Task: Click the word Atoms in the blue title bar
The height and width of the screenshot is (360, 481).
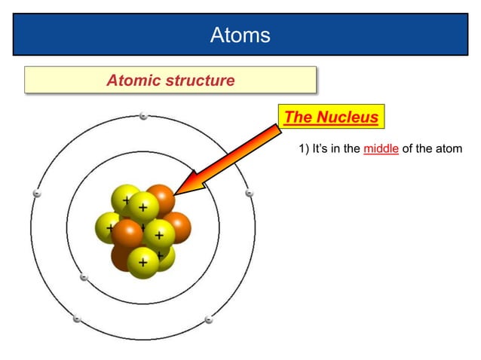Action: tap(240, 35)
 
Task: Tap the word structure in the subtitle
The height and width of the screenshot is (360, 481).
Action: tap(201, 80)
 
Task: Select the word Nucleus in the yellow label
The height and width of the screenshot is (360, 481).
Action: tap(347, 117)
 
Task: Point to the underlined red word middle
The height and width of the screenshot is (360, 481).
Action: tap(381, 148)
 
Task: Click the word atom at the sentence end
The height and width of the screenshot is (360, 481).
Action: tap(448, 148)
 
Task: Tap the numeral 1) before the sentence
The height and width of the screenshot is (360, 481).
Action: tap(304, 148)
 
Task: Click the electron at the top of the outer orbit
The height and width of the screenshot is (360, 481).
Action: tap(143, 115)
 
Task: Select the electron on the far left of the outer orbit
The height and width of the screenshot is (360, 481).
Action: tap(36, 194)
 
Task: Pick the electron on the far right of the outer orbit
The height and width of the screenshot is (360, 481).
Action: tap(250, 194)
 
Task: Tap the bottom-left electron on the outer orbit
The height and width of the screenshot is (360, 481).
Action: tap(76, 319)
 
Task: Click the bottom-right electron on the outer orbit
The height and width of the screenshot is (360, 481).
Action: tap(209, 320)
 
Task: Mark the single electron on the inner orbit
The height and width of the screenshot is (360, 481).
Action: tap(84, 278)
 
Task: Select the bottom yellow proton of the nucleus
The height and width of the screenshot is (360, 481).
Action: tap(142, 263)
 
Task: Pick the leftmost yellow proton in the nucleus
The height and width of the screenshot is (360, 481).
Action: tap(109, 226)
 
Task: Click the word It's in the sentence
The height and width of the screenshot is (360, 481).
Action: tap(323, 148)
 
